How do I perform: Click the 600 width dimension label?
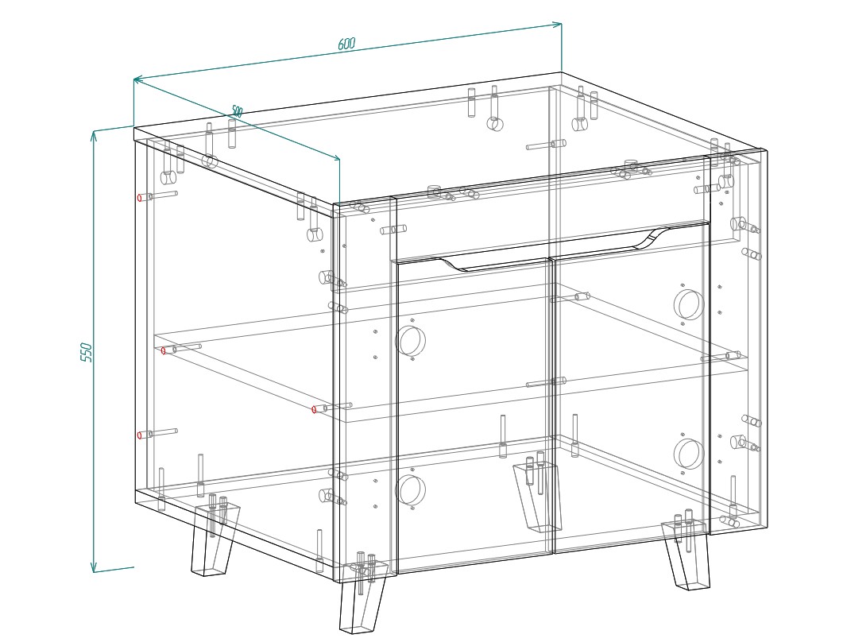346,44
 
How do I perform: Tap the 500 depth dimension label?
237,111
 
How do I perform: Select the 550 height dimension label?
87,352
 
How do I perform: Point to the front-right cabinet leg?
686,555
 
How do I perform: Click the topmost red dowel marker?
140,198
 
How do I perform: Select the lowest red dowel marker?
140,435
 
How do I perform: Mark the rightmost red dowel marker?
315,409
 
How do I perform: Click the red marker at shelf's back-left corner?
164,351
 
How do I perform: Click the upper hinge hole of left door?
411,341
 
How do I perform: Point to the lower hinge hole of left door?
411,490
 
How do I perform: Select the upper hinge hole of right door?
689,304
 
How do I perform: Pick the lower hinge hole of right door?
689,453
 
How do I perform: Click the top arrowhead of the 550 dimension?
94,135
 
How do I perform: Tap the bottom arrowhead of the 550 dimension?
94,567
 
